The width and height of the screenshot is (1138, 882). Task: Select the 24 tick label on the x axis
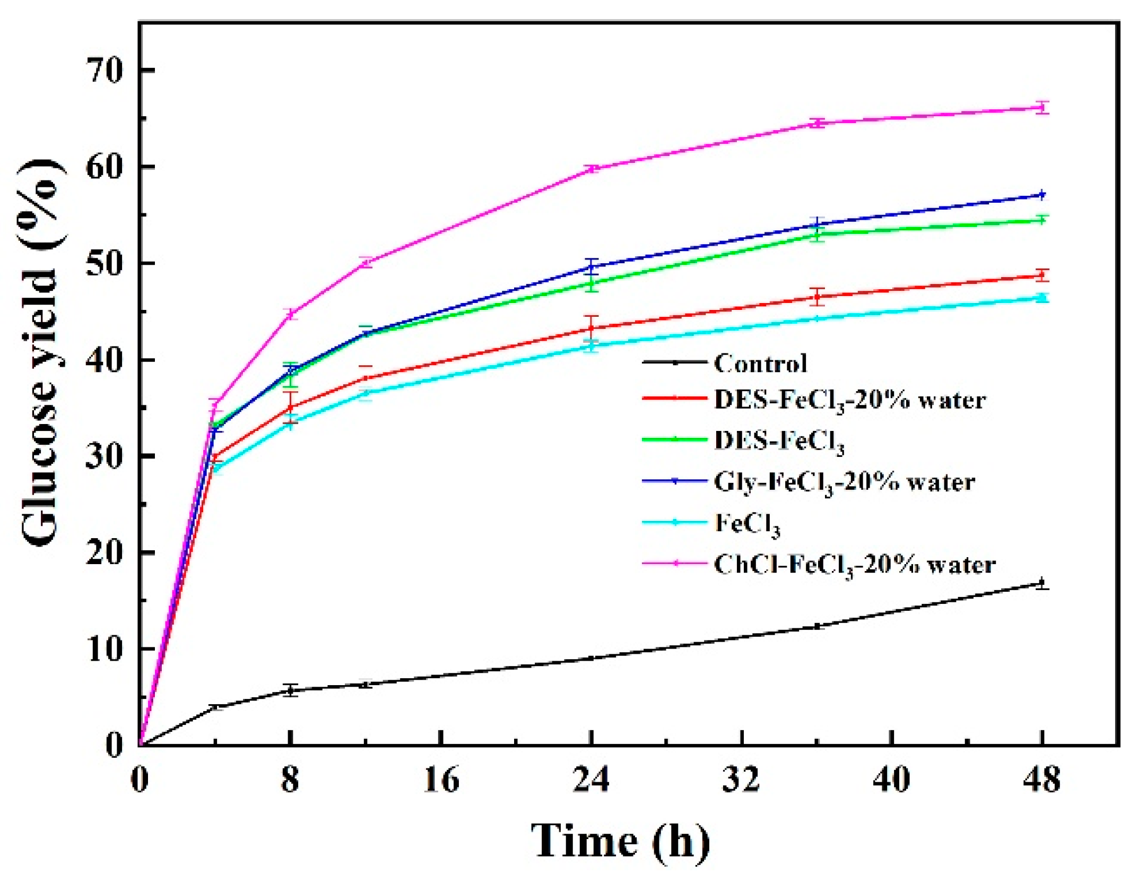tap(591, 780)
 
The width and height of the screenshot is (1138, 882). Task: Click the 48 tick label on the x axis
tap(1042, 780)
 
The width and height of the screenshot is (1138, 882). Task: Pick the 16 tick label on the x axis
tap(441, 780)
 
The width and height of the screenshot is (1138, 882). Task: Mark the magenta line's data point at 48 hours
tap(1042, 108)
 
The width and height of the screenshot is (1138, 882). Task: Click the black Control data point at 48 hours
tap(1042, 583)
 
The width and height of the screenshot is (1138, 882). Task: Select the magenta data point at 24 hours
tap(591, 169)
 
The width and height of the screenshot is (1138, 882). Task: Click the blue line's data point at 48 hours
tap(1042, 195)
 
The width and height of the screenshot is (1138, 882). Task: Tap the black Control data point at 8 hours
tap(290, 690)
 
